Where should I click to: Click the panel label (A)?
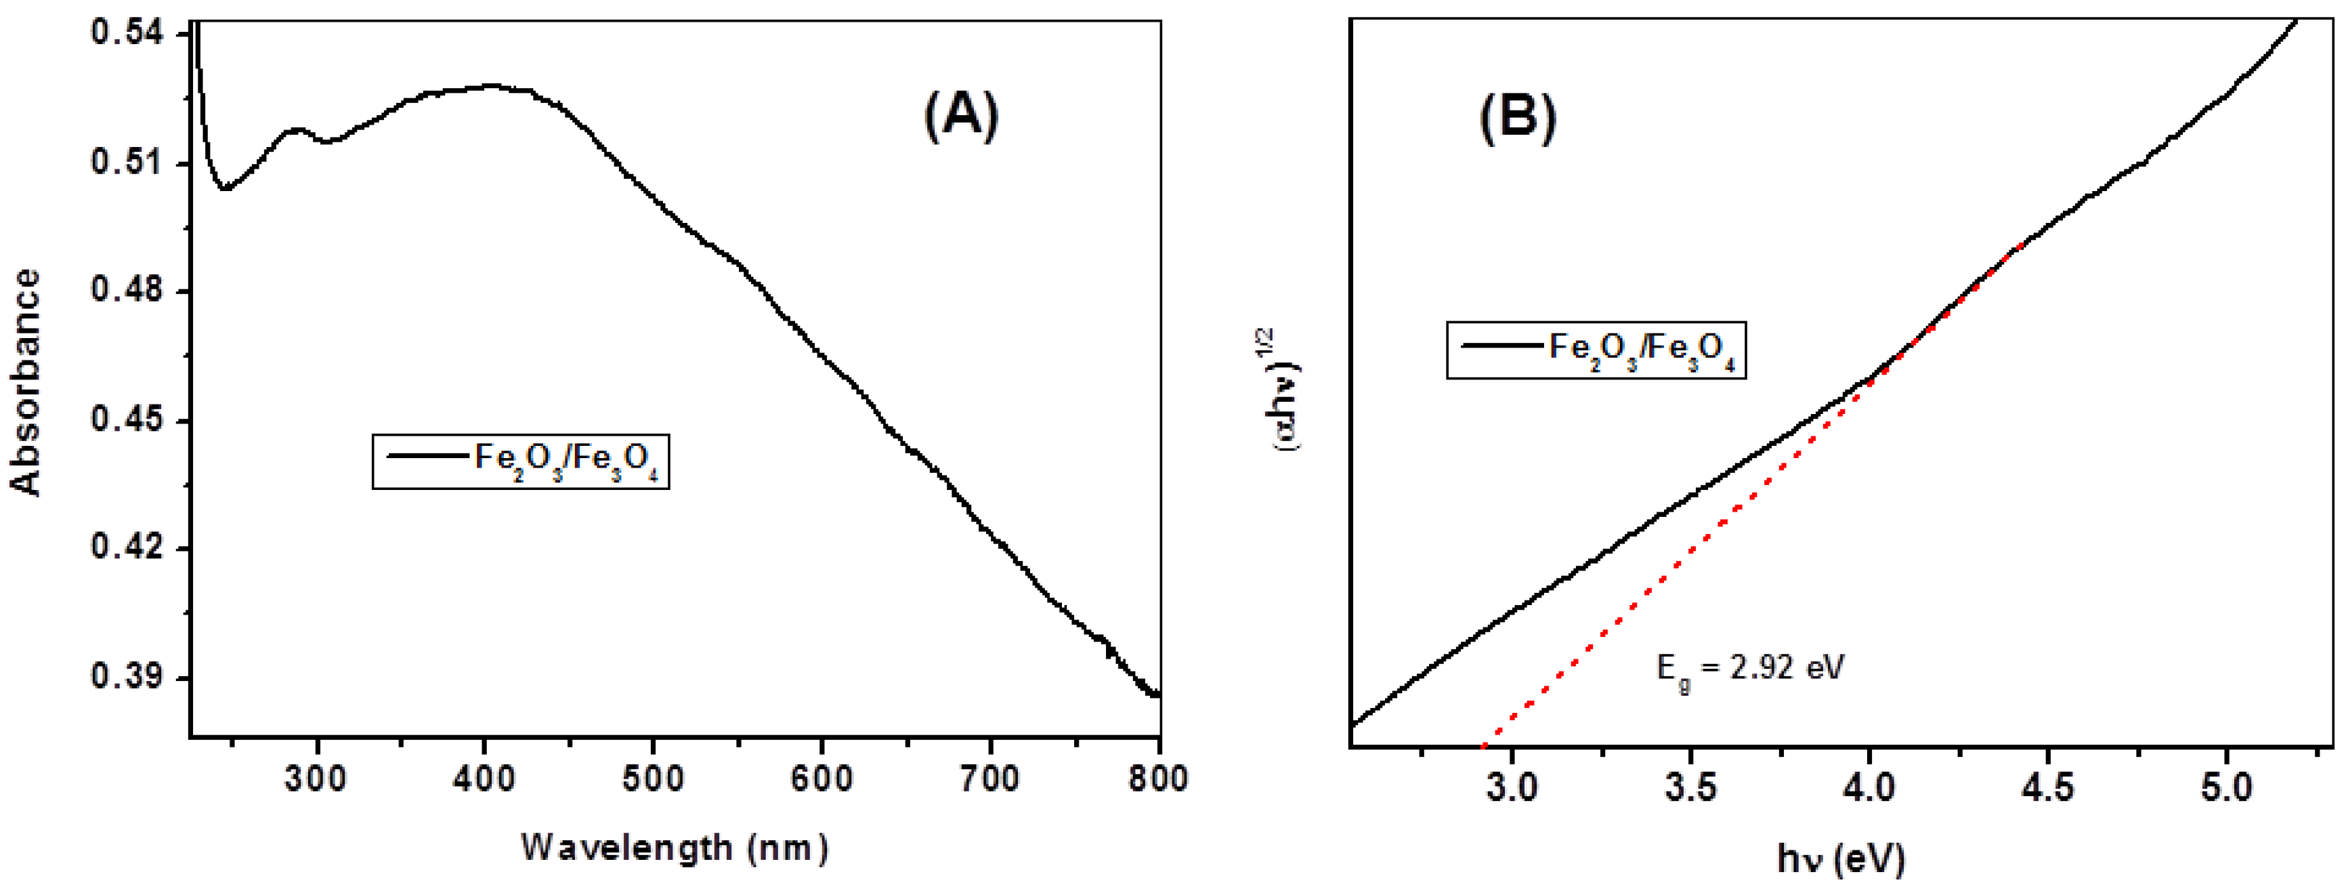[x=962, y=117]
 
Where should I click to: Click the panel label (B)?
[x=1517, y=117]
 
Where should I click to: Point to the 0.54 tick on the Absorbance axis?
[x=127, y=34]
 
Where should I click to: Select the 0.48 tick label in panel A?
[x=127, y=291]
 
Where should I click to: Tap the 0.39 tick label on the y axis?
[x=127, y=678]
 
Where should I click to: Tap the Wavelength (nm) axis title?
[x=675, y=848]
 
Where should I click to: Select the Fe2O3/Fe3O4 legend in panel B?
[x=1596, y=350]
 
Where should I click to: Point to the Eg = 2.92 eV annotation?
[x=1749, y=669]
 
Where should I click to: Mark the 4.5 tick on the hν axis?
[x=2047, y=787]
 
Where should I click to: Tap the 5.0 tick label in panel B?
[x=2227, y=787]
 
